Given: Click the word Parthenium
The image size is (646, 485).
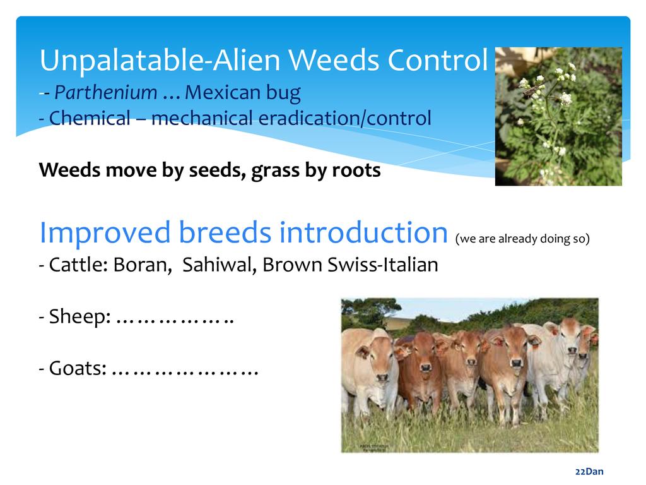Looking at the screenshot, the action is [x=106, y=93].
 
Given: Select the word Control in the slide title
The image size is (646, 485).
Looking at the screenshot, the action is [x=438, y=60].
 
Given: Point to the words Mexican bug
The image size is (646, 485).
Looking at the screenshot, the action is [x=243, y=93].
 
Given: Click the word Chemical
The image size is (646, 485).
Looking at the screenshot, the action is [x=90, y=118].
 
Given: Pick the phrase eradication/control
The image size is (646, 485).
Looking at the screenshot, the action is [x=345, y=118].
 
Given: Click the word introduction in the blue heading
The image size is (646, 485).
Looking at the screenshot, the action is [x=363, y=232].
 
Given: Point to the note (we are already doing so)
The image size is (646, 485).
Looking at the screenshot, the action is [x=522, y=238].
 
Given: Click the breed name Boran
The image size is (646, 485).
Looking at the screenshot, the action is [x=143, y=265].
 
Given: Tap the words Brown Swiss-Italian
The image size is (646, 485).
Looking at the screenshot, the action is [x=350, y=265].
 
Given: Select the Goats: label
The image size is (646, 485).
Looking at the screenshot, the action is [x=78, y=368].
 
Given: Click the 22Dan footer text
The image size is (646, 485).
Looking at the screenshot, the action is [x=589, y=471].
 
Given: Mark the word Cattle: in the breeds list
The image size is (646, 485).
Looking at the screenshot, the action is [x=78, y=265].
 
